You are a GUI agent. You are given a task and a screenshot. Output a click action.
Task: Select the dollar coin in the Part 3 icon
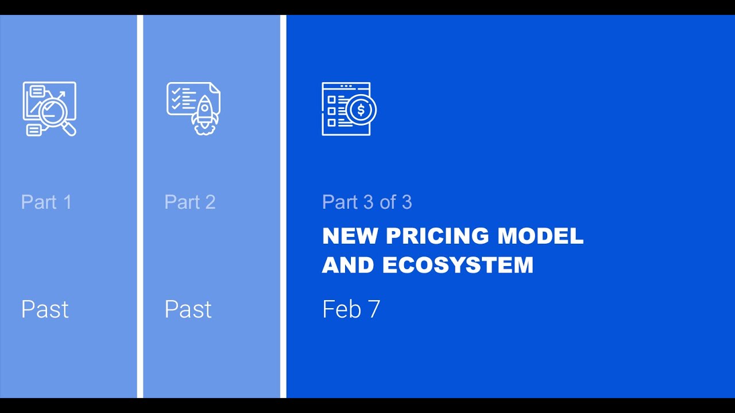(x=361, y=110)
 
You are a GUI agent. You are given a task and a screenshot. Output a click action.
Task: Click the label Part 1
(x=47, y=202)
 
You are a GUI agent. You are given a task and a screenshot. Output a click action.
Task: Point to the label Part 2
(x=190, y=202)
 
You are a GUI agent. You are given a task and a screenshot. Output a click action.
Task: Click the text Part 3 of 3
(x=367, y=202)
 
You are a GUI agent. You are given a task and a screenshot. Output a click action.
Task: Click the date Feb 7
(x=351, y=309)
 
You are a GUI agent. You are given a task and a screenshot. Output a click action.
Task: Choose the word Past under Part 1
(x=45, y=309)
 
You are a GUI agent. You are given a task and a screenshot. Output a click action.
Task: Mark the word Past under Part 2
(x=188, y=309)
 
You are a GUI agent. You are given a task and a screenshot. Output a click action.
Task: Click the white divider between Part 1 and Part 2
(x=140, y=206)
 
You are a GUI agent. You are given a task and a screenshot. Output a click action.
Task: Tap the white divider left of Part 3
(x=283, y=206)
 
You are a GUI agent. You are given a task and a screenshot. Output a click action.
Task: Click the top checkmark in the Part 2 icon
(x=176, y=90)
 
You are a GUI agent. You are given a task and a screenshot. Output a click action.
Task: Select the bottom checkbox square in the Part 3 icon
(x=331, y=123)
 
